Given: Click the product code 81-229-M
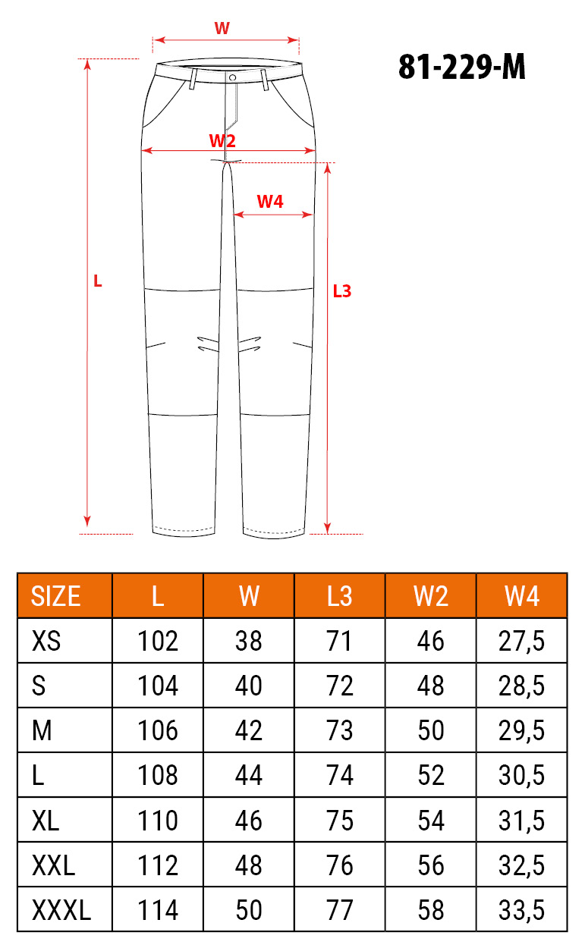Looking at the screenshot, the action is pos(462,67).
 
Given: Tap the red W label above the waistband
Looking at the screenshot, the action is pos(222,28).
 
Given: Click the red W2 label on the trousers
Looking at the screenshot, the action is pos(222,140).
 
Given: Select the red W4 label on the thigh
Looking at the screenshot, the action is pos(270,202).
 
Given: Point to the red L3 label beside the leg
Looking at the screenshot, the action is pos(342,291).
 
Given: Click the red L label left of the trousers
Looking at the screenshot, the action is pos(98,281).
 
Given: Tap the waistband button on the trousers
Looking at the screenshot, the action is pos(232,77).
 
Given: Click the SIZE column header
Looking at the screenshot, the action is pos(55,596).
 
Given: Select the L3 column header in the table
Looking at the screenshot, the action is pos(339,596).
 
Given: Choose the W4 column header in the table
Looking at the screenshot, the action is pos(521,596).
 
